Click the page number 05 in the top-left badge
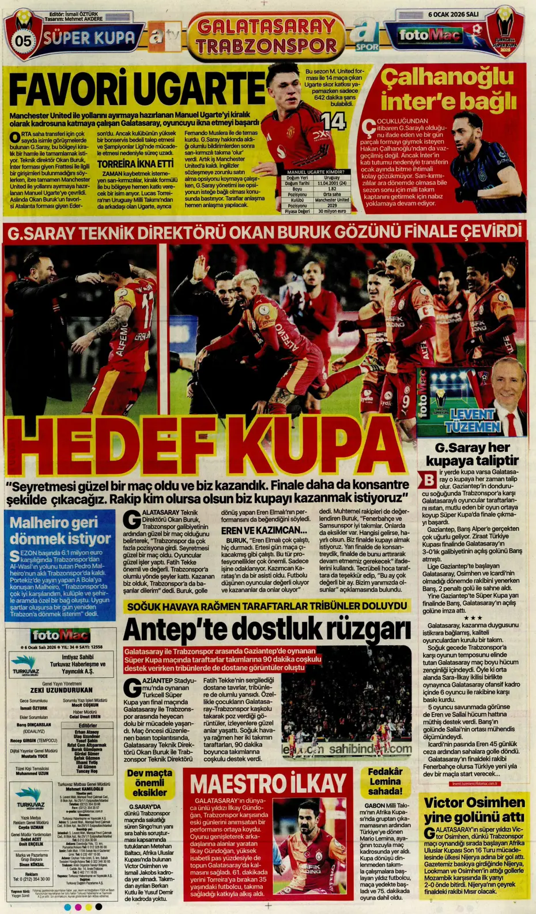pyautogui.click(x=24, y=41)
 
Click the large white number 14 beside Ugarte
pyautogui.click(x=333, y=122)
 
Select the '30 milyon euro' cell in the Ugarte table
pyautogui.click(x=332, y=211)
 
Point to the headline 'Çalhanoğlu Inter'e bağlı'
pyautogui.click(x=448, y=89)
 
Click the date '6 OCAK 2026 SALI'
pyautogui.click(x=453, y=14)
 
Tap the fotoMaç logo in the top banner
pyautogui.click(x=430, y=36)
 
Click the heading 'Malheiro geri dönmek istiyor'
pyautogui.click(x=60, y=531)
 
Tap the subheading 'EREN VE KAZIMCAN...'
pyautogui.click(x=264, y=530)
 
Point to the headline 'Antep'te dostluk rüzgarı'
pyautogui.click(x=267, y=629)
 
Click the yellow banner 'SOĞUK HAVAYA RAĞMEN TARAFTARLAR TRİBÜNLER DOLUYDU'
pyautogui.click(x=267, y=606)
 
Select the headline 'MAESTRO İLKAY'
pyautogui.click(x=268, y=784)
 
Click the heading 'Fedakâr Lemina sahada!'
pyautogui.click(x=385, y=781)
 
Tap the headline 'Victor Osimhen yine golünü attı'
pyautogui.click(x=474, y=810)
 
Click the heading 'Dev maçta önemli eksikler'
pyautogui.click(x=149, y=782)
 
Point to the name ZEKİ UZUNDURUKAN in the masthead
pyautogui.click(x=61, y=690)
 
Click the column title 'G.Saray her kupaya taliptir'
pyautogui.click(x=472, y=454)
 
